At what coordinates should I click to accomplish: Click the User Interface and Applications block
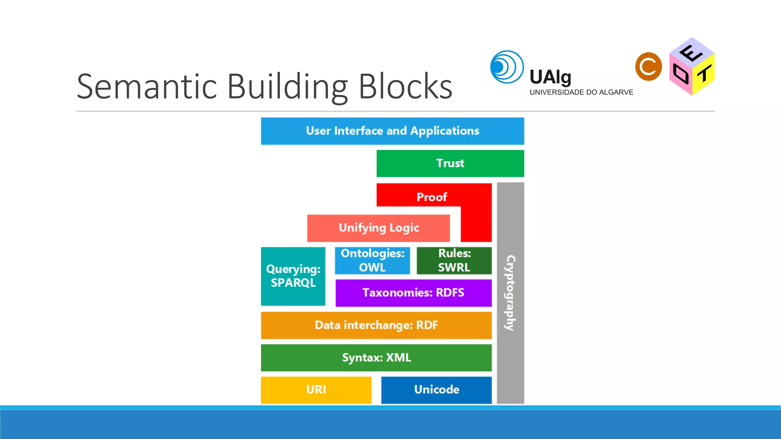pyautogui.click(x=392, y=131)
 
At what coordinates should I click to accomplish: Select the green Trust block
pyautogui.click(x=450, y=163)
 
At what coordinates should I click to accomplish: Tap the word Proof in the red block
pyautogui.click(x=432, y=197)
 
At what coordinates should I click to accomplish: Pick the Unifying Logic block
pyautogui.click(x=379, y=228)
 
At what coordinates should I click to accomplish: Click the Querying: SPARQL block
pyautogui.click(x=293, y=276)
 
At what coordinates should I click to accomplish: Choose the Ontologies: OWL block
pyautogui.click(x=373, y=261)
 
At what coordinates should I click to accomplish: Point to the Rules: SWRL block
pyautogui.click(x=454, y=261)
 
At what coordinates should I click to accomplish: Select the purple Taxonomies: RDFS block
pyautogui.click(x=413, y=293)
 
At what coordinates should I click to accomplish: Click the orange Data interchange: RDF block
pyautogui.click(x=376, y=325)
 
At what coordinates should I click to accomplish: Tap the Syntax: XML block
pyautogui.click(x=376, y=358)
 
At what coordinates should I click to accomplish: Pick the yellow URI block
pyautogui.click(x=316, y=390)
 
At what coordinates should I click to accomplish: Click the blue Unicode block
pyautogui.click(x=436, y=390)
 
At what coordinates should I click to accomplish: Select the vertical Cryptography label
pyautogui.click(x=510, y=293)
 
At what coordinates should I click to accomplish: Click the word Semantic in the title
pyautogui.click(x=147, y=87)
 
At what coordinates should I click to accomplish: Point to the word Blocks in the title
pyautogui.click(x=405, y=87)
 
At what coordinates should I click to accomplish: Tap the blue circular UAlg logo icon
pyautogui.click(x=506, y=67)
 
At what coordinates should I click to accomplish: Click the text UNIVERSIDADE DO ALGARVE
pyautogui.click(x=581, y=92)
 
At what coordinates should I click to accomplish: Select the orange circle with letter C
pyautogui.click(x=648, y=67)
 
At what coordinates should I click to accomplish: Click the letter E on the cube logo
pyautogui.click(x=691, y=53)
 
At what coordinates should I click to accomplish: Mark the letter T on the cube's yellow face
pyautogui.click(x=704, y=74)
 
